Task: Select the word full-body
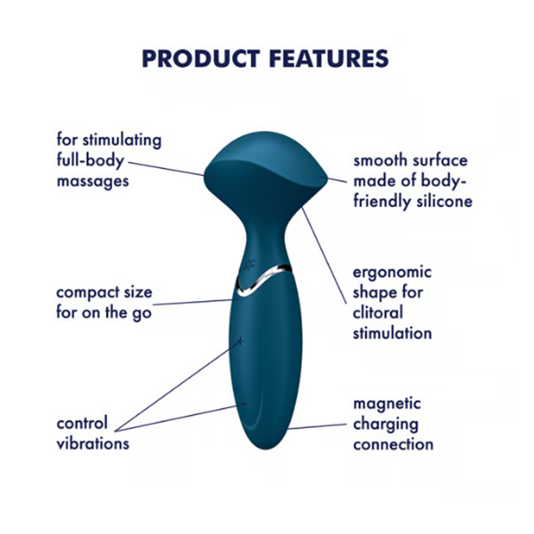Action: coord(90,160)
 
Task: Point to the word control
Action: coord(82,423)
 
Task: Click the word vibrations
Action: coord(92,443)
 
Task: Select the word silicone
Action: coord(444,201)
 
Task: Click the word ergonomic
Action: coord(392,272)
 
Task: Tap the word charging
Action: coord(385,425)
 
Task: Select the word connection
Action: coord(392,444)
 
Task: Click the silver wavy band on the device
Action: coord(265,278)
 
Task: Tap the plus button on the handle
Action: coord(240,340)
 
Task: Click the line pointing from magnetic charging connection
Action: coord(315,427)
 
